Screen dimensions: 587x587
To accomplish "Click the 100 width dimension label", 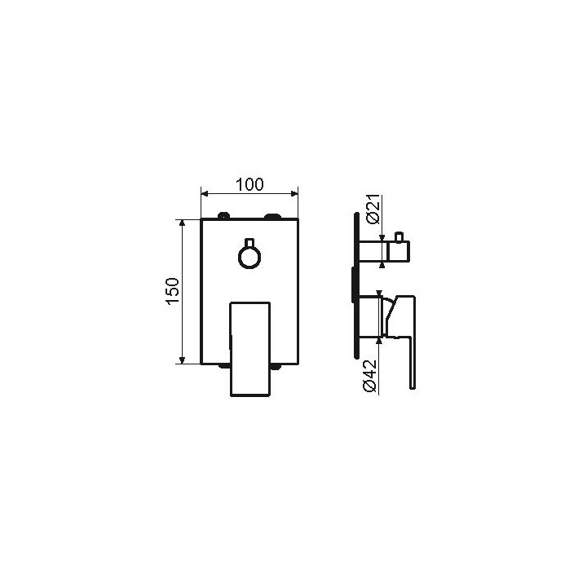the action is coord(249,184).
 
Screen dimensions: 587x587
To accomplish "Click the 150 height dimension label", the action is coord(173,291).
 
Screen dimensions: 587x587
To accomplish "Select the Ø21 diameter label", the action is coord(373,210).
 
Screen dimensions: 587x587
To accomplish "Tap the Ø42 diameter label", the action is coord(370,376).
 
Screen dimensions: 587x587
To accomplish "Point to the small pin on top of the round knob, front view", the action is coord(249,242).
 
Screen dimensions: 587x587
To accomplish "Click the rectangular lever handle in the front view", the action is coord(249,349).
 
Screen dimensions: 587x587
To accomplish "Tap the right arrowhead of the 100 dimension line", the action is coord(294,193).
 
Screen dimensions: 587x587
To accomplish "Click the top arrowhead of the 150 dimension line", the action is coord(182,223).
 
